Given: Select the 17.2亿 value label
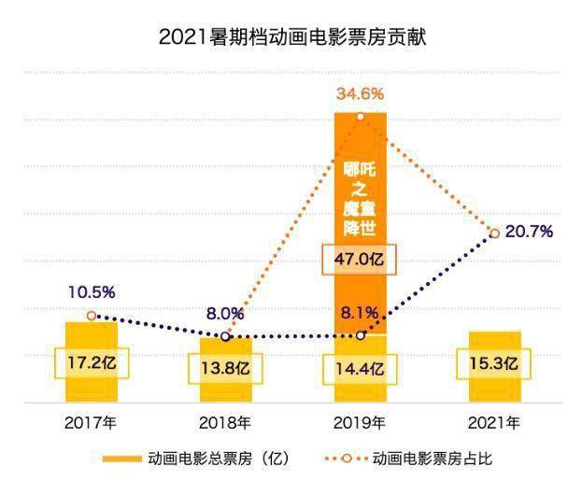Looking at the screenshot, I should pyautogui.click(x=92, y=361).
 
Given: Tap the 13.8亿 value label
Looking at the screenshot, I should pyautogui.click(x=225, y=367).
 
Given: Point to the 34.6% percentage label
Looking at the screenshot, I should pyautogui.click(x=361, y=93).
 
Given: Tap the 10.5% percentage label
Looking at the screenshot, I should pyautogui.click(x=91, y=292).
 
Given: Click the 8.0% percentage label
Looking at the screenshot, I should pyautogui.click(x=225, y=314).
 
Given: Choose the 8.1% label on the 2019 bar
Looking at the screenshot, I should pyautogui.click(x=360, y=313).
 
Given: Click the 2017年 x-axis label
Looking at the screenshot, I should pyautogui.click(x=91, y=422).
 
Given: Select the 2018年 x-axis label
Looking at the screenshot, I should pyautogui.click(x=225, y=422).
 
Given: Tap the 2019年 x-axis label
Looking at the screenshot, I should pyautogui.click(x=360, y=422).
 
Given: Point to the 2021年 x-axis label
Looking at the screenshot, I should pyautogui.click(x=493, y=422).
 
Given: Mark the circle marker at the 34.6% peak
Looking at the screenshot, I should pyautogui.click(x=361, y=116).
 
